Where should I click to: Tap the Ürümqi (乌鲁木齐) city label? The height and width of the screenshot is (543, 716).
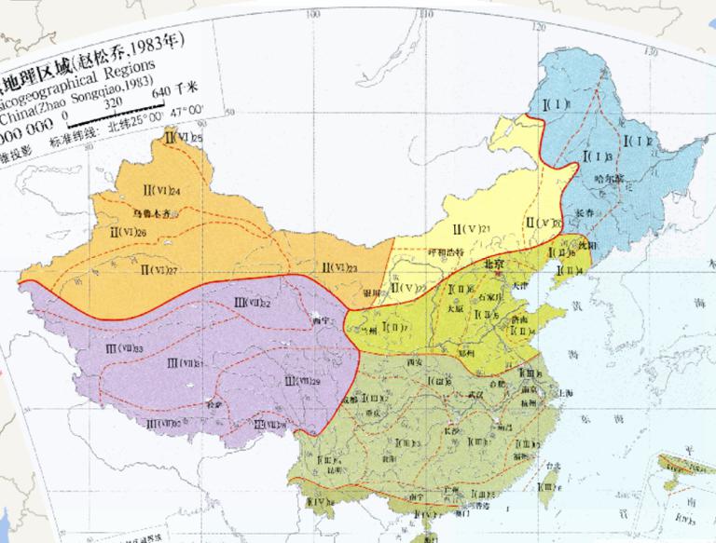click(153, 212)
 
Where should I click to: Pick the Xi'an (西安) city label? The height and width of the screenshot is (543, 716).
click(416, 360)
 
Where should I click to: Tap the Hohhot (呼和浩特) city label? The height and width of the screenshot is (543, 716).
click(447, 251)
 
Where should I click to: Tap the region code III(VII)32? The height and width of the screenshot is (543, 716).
click(253, 302)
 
